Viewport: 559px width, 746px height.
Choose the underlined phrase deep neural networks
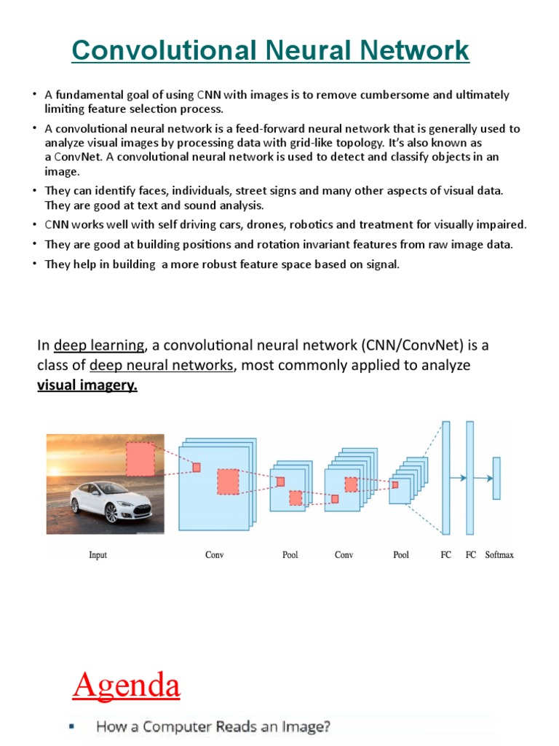pyautogui.click(x=162, y=365)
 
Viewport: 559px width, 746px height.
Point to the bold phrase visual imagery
pyautogui.click(x=87, y=385)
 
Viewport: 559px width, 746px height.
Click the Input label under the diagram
pyautogui.click(x=98, y=555)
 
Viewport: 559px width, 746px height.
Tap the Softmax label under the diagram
pyautogui.click(x=499, y=555)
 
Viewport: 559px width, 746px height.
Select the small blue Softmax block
pyautogui.click(x=496, y=478)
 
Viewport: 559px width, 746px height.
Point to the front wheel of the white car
pyautogui.click(x=112, y=514)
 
